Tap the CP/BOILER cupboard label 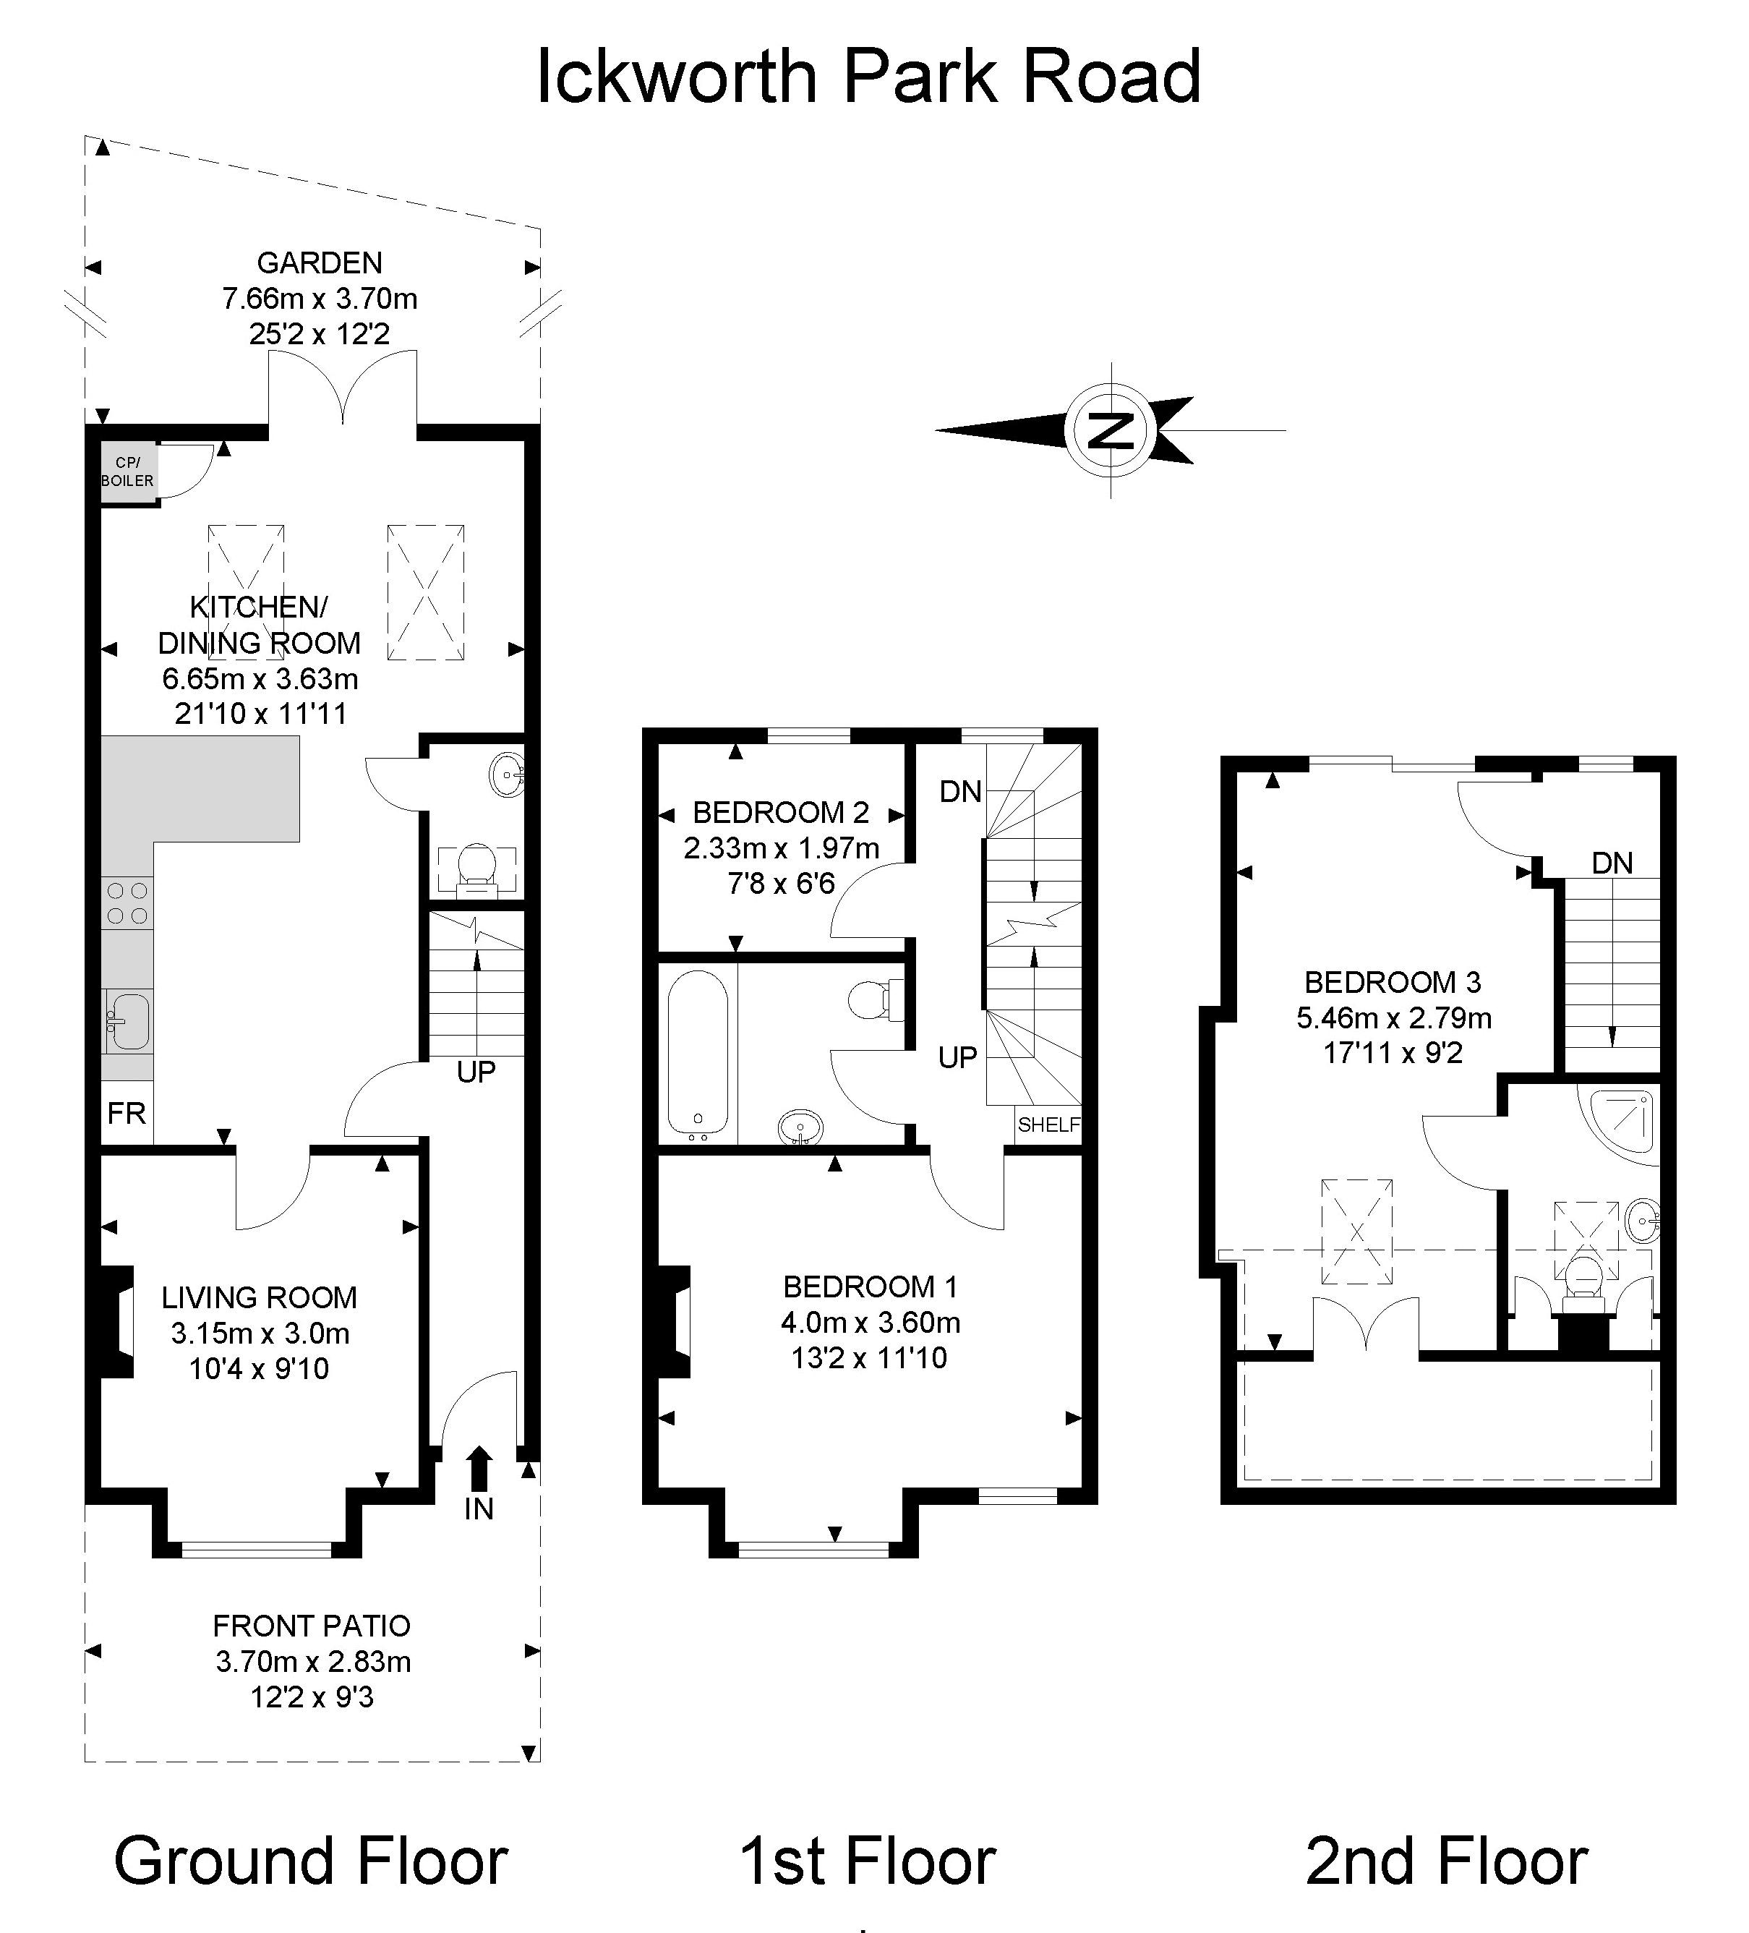point(127,471)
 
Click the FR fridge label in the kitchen point(127,1113)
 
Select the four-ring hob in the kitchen point(127,903)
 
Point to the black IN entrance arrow point(479,1468)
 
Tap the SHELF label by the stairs point(1048,1125)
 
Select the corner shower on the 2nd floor point(1622,1122)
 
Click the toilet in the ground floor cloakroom point(476,867)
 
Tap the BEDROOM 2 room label point(781,812)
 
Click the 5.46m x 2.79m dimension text point(1393,1017)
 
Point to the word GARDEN point(320,263)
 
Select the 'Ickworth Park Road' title point(868,77)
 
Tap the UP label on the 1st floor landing point(957,1057)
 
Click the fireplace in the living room point(115,1322)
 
